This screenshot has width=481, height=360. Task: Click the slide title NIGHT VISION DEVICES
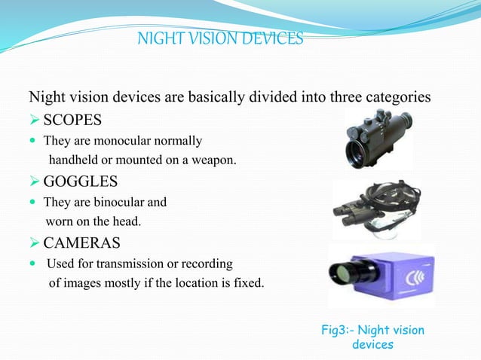pyautogui.click(x=220, y=38)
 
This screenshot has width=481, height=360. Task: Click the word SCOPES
pyautogui.click(x=72, y=121)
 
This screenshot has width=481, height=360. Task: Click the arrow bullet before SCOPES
pyautogui.click(x=34, y=121)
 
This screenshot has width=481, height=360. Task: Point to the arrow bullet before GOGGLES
pyautogui.click(x=34, y=182)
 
